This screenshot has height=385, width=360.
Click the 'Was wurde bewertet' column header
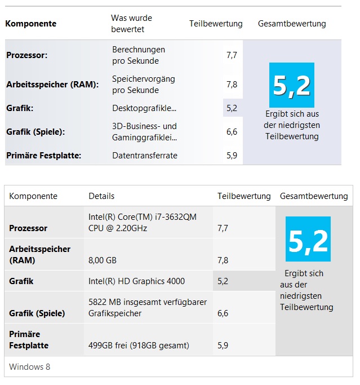[x=131, y=23]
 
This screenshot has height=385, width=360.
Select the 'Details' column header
[x=101, y=196]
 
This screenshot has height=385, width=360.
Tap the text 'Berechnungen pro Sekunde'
[x=139, y=55]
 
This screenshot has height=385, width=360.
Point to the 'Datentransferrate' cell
[x=145, y=156]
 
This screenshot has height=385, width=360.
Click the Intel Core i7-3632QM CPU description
[x=143, y=222]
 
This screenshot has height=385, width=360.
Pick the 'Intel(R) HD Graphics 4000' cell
[x=136, y=281]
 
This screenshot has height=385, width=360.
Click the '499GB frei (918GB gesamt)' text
[x=139, y=345]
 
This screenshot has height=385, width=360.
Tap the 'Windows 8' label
[x=29, y=367]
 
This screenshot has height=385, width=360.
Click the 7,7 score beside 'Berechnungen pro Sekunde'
[x=232, y=55]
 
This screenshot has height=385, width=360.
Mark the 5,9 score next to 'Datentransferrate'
[x=232, y=156]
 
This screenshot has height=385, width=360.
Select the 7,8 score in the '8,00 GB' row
[x=223, y=260]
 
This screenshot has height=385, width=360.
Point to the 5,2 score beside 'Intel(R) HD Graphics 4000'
[x=223, y=281]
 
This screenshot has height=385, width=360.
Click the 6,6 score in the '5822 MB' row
[x=223, y=313]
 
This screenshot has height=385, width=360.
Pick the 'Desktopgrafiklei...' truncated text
[x=144, y=108]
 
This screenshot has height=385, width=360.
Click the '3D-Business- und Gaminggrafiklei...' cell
[x=144, y=132]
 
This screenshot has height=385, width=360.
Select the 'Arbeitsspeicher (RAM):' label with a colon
[x=52, y=85]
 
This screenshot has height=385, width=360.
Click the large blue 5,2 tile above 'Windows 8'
[x=308, y=240]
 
